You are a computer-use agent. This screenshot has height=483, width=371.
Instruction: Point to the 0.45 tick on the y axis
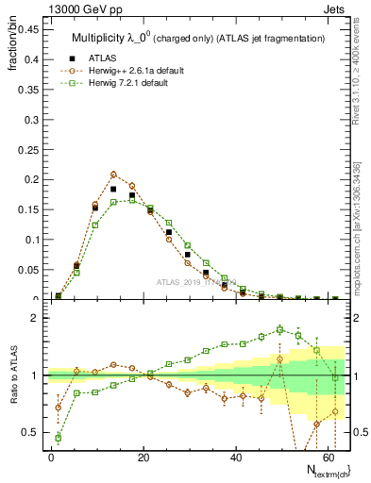[x=28, y=28]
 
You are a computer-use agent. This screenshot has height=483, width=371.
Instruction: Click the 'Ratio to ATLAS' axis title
[x=13, y=375]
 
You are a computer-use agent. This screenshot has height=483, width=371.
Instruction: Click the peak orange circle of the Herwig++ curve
[x=113, y=175]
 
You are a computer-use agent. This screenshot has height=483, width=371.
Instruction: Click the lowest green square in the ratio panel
[x=59, y=437]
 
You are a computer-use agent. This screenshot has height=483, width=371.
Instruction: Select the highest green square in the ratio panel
[x=280, y=329]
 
